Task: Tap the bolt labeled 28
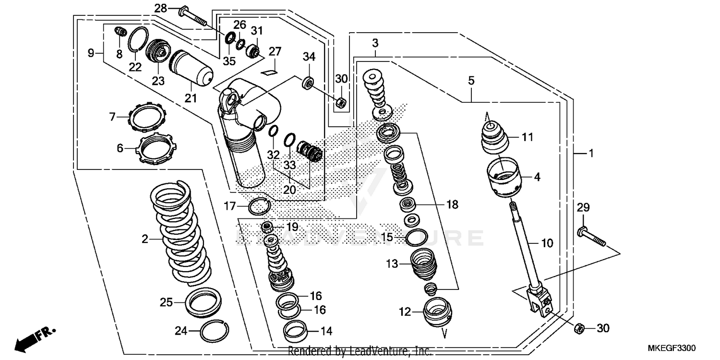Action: point(192,16)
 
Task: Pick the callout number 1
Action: point(591,154)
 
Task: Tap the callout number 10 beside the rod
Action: point(547,243)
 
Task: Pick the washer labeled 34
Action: point(307,82)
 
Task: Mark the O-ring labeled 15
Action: point(417,237)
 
